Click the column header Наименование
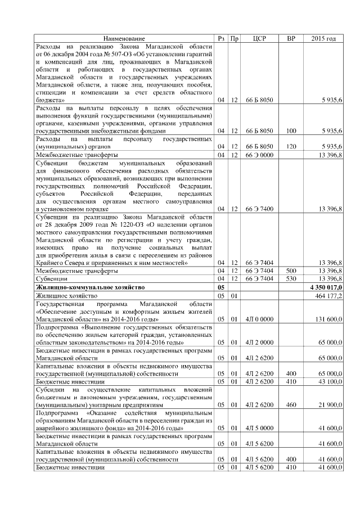[124, 38]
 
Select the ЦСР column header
[259, 38]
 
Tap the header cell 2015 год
[323, 38]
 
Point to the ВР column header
[291, 38]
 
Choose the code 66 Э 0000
[259, 154]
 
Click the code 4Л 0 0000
[259, 319]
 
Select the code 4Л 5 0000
[259, 428]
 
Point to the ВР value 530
[291, 279]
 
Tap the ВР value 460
[291, 404]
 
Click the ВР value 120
[291, 146]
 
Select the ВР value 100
[291, 130]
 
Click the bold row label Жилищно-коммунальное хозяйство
[90, 287]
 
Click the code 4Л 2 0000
[259, 342]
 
